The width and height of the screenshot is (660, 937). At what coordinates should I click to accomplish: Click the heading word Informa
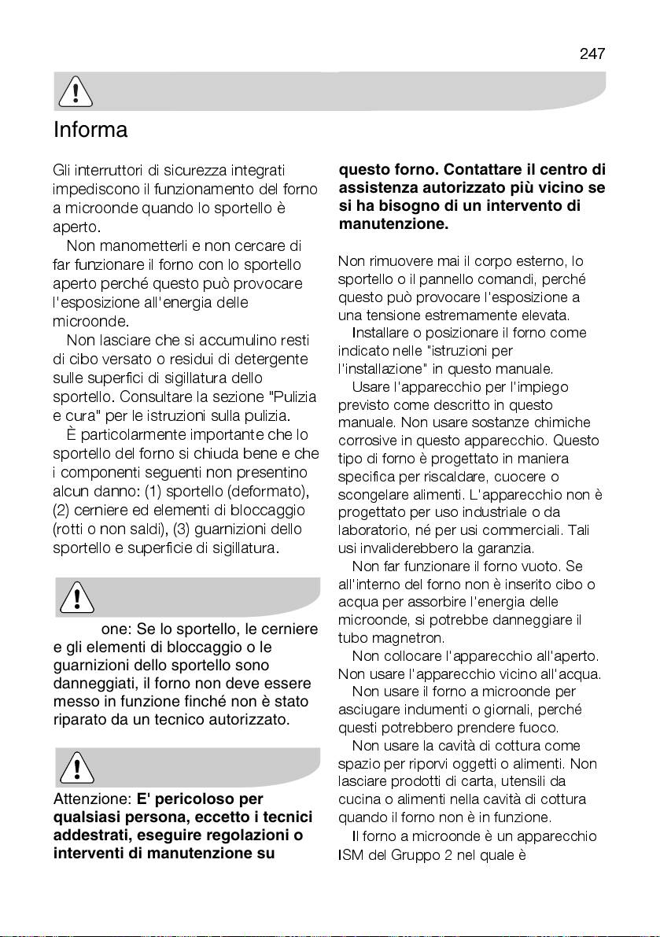(x=90, y=130)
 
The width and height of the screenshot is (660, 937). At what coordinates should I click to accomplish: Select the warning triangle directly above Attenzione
(x=76, y=766)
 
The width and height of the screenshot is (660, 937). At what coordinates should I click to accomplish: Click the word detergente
(x=265, y=359)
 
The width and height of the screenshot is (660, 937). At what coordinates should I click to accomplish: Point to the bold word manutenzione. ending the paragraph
(x=393, y=224)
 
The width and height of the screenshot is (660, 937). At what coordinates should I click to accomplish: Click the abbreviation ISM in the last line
(x=351, y=854)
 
